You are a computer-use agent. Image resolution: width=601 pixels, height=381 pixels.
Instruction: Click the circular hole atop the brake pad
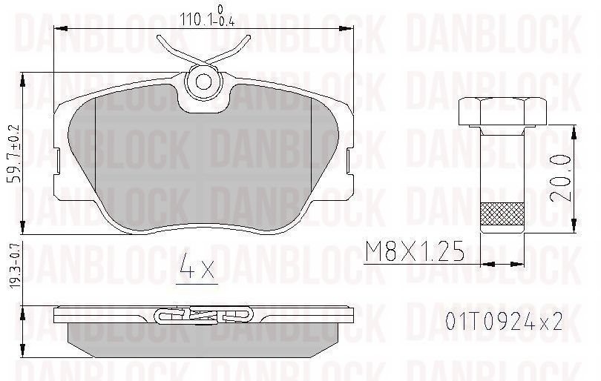click(200, 82)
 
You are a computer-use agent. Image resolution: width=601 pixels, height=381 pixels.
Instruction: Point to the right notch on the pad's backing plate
click(350, 156)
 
